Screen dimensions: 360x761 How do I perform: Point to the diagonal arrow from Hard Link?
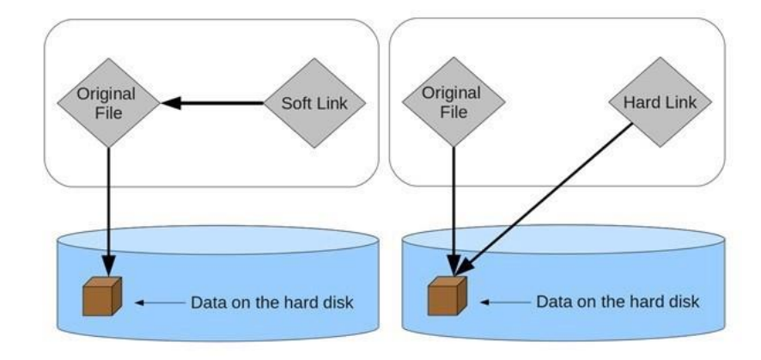(x=550, y=197)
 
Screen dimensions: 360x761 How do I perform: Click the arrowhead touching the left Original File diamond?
(x=170, y=103)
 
